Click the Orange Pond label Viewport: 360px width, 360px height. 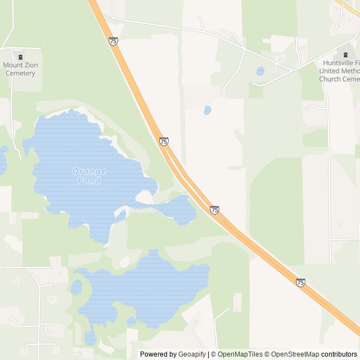tap(89, 175)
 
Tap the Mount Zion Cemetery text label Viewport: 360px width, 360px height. tap(21, 69)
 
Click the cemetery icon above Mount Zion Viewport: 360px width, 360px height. tap(21, 56)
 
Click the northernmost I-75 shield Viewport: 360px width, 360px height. tap(114, 41)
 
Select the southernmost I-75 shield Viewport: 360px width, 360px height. tap(300, 282)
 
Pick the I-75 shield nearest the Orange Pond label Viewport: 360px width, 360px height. tap(164, 141)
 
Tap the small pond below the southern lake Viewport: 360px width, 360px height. tap(90, 337)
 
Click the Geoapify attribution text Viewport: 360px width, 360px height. tap(192, 354)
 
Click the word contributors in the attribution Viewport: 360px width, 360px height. tap(339, 354)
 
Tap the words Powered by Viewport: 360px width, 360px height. tap(158, 354)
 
